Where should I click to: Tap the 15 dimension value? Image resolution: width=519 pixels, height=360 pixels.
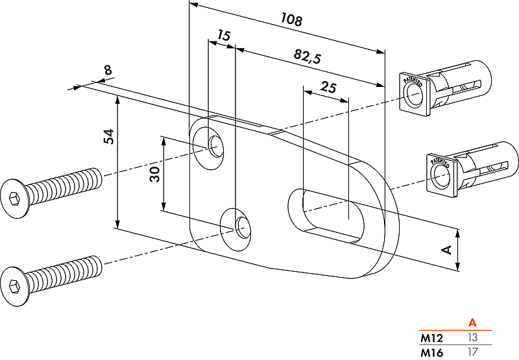tap(223, 36)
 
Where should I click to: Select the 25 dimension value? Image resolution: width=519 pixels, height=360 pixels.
tap(329, 88)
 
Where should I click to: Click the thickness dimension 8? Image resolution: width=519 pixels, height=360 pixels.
tap(108, 70)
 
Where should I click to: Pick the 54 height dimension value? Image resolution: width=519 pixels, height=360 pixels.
tap(108, 137)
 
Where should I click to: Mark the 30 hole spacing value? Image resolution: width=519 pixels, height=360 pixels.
tap(154, 174)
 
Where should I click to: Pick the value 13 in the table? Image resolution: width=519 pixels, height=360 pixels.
tap(472, 338)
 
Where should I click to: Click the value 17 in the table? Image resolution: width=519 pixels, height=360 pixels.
tap(472, 353)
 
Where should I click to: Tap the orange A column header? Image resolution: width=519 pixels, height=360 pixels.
tap(472, 322)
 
